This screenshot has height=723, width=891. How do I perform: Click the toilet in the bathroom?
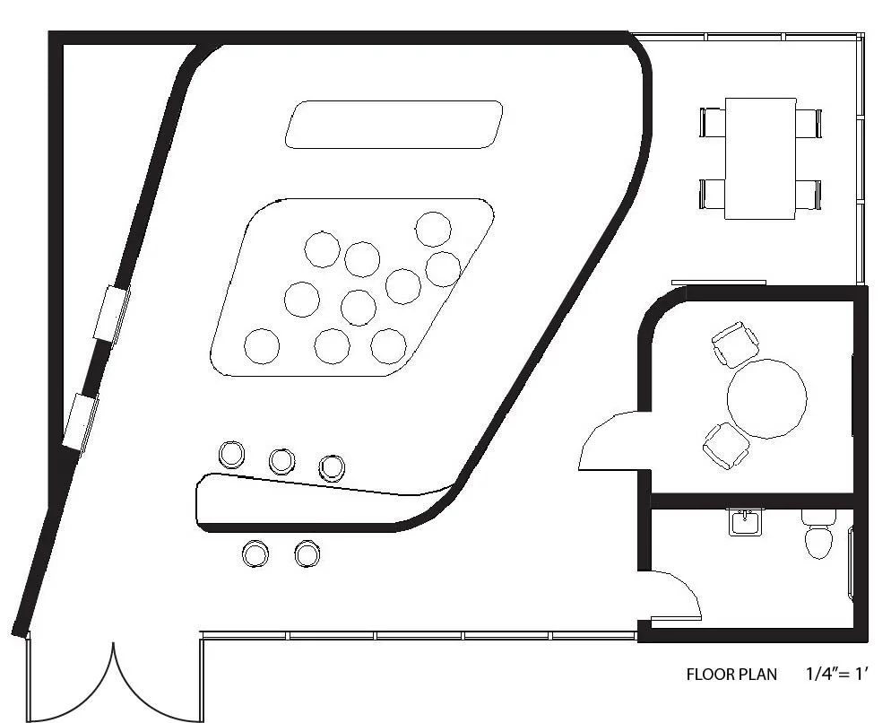pyautogui.click(x=817, y=536)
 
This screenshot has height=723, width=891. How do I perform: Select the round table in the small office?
pyautogui.click(x=766, y=398)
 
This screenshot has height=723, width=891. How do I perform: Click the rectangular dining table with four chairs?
pyautogui.click(x=760, y=158)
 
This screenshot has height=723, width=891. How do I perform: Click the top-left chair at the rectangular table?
pyautogui.click(x=714, y=122)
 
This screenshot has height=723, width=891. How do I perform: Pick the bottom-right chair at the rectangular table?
pyautogui.click(x=808, y=194)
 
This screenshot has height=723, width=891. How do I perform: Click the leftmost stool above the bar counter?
pyautogui.click(x=231, y=455)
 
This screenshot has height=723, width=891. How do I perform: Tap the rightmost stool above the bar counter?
pyautogui.click(x=332, y=466)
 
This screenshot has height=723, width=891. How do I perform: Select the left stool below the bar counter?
pyautogui.click(x=255, y=553)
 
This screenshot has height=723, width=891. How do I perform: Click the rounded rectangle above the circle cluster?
pyautogui.click(x=394, y=125)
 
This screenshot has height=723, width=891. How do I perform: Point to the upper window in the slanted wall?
pyautogui.click(x=112, y=312)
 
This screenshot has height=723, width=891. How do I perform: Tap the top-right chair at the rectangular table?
pyautogui.click(x=808, y=122)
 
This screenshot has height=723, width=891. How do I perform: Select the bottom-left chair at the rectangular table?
pyautogui.click(x=714, y=194)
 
